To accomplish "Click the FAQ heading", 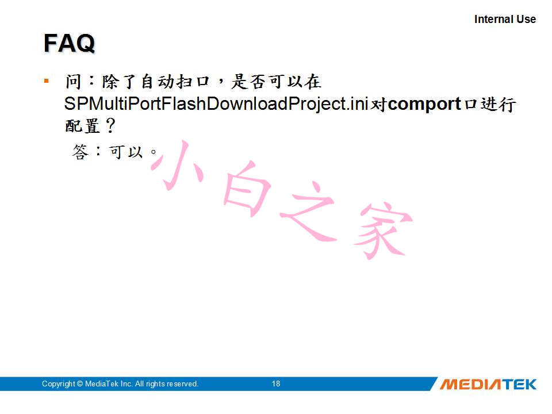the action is pos(70,43).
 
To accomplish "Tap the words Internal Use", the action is pos(505,19).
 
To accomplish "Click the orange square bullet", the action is pos(46,81).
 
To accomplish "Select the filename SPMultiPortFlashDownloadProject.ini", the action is pos(216,104).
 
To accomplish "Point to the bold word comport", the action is pos(424,104).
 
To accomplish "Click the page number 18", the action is pos(276,384).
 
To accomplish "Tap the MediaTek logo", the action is pos(488,384).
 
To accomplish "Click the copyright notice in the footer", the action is pos(120,384).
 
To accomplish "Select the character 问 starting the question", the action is pos(74,82).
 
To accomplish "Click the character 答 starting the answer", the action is pos(80,152).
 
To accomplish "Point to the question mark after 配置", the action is pos(110,126).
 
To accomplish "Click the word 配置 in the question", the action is pos(83,126).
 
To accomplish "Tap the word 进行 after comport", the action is pos(499,104).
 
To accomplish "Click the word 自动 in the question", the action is pos(158,82).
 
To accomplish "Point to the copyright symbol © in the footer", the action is pos(80,384).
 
